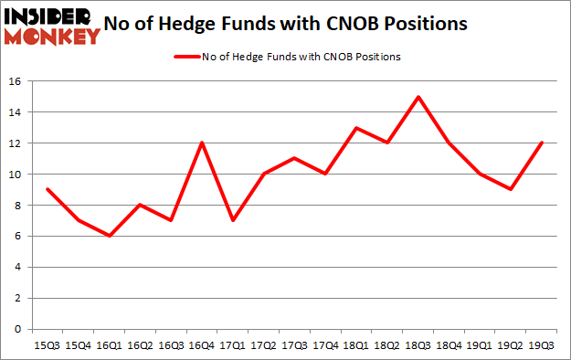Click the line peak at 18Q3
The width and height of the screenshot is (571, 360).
(418, 97)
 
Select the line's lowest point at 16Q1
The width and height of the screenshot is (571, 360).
(111, 236)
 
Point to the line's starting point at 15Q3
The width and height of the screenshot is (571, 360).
(47, 189)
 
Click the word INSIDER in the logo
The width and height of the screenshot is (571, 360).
(52, 16)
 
